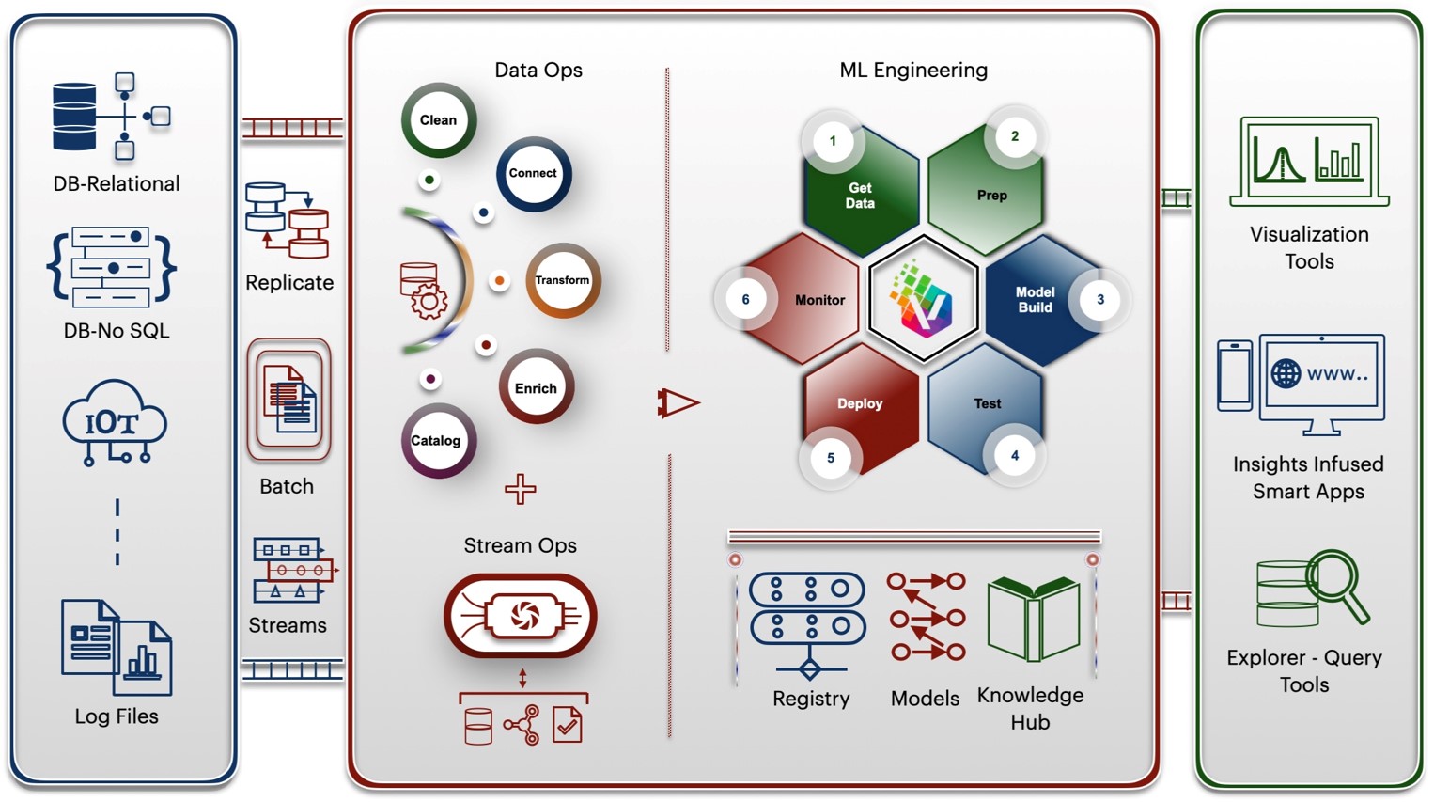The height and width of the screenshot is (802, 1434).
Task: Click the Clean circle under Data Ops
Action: pyautogui.click(x=439, y=120)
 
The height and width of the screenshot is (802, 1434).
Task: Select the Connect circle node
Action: pyautogui.click(x=534, y=174)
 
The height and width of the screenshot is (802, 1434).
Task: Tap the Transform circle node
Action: pyautogui.click(x=563, y=280)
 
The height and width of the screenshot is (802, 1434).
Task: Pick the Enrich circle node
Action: pyautogui.click(x=536, y=387)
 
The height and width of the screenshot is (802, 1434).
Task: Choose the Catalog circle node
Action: pyautogui.click(x=437, y=440)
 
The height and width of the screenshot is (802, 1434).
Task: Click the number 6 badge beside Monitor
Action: pyautogui.click(x=746, y=300)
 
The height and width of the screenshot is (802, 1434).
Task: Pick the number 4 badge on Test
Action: pyautogui.click(x=1014, y=456)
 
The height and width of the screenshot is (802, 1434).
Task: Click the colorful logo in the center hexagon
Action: pyautogui.click(x=924, y=299)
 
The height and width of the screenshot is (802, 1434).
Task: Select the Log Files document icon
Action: pyautogui.click(x=117, y=648)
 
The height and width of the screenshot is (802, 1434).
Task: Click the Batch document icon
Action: pyautogui.click(x=289, y=400)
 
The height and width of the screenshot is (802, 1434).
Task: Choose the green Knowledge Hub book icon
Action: pyautogui.click(x=1034, y=620)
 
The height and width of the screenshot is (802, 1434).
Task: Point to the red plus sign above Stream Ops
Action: pyautogui.click(x=521, y=489)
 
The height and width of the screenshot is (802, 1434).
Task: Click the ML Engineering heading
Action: pyautogui.click(x=913, y=70)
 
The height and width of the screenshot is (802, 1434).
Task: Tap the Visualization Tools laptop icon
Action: pyautogui.click(x=1309, y=161)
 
